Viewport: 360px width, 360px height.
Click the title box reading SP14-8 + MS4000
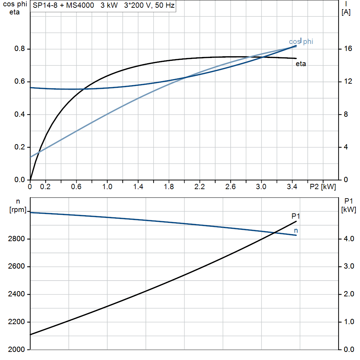click(103, 6)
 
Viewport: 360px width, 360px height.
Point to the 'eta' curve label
click(301, 64)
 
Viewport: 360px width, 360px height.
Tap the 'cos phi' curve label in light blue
click(301, 41)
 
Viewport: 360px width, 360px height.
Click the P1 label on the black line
click(296, 216)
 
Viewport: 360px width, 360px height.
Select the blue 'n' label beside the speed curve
click(296, 231)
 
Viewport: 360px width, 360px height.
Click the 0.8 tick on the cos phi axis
click(20, 49)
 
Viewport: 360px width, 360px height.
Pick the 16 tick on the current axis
click(348, 49)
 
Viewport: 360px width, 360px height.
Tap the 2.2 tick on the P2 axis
click(200, 187)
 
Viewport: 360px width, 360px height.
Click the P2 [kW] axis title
click(323, 187)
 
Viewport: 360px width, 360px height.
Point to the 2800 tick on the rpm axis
click(16, 239)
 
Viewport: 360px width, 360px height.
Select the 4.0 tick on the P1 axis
click(349, 239)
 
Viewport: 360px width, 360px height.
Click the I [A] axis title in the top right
click(346, 8)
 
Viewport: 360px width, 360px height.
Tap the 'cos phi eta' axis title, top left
click(15, 8)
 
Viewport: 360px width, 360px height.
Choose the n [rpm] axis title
click(18, 206)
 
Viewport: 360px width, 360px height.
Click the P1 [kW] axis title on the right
click(349, 205)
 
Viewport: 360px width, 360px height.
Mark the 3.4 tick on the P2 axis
click(292, 187)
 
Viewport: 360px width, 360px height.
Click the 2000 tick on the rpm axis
click(16, 349)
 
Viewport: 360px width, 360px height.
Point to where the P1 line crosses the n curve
click(274, 233)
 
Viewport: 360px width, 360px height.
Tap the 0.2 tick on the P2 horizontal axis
click(45, 187)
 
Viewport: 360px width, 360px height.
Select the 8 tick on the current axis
click(346, 114)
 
